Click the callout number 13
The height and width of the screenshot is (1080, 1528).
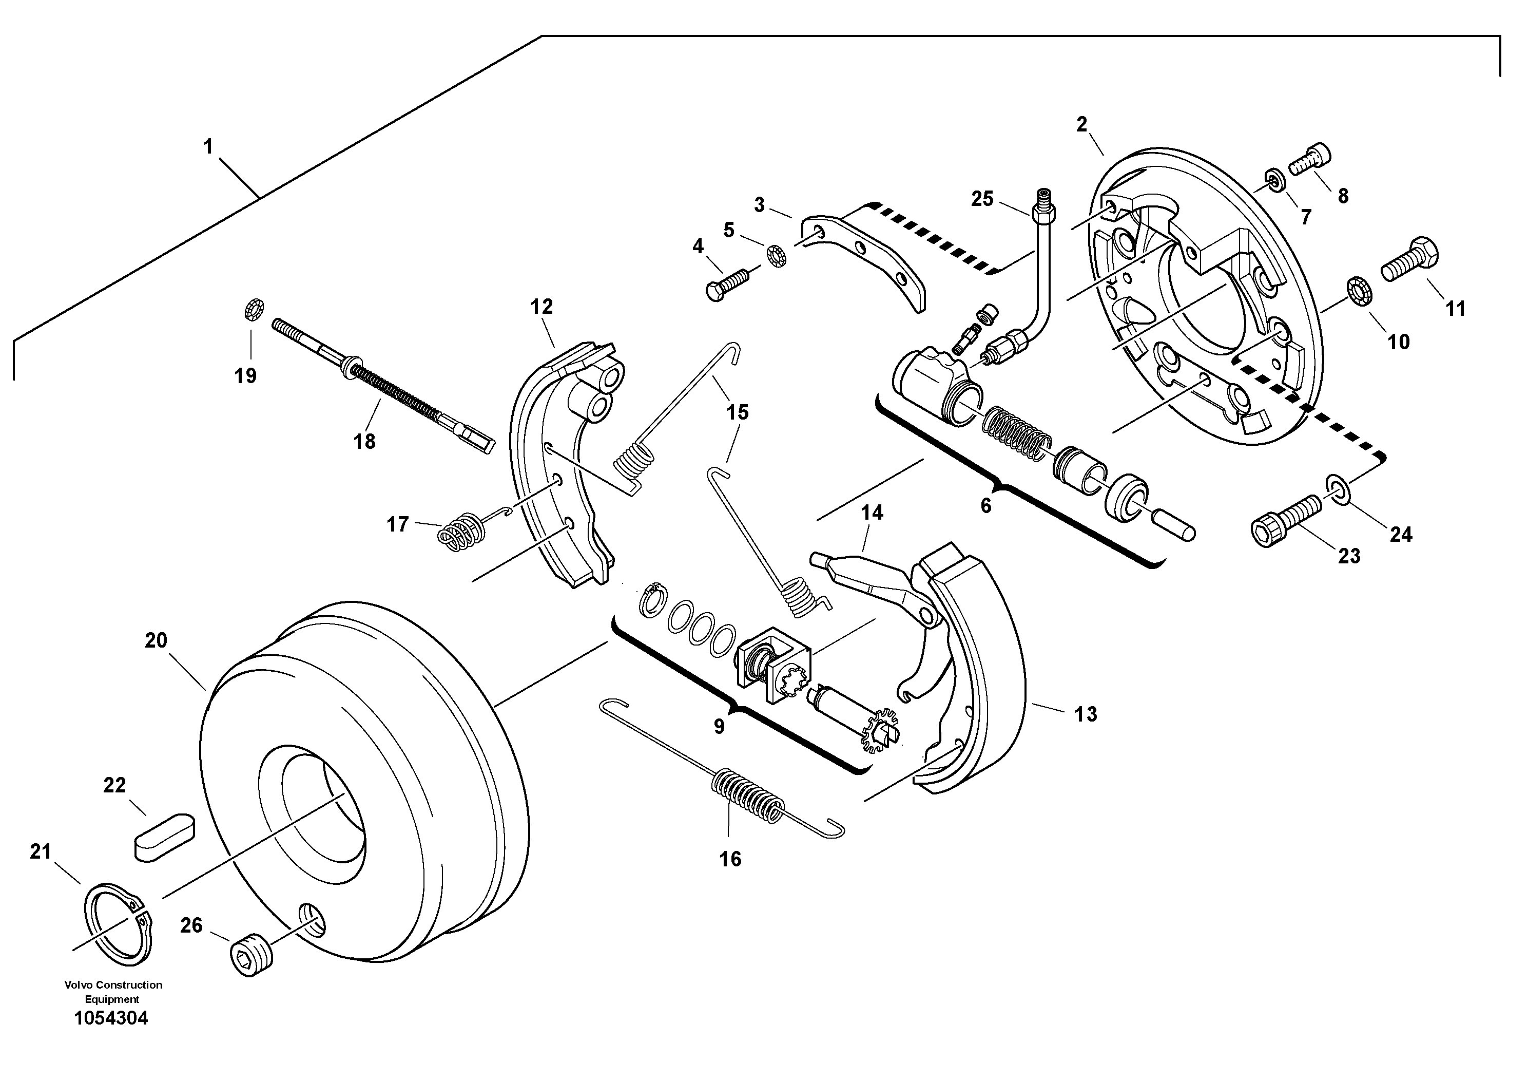[x=1086, y=714]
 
